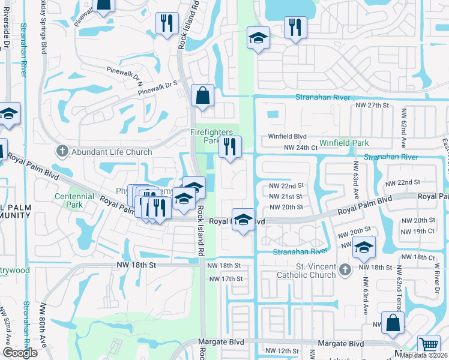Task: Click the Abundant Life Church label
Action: [112, 152]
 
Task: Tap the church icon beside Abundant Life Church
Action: [61, 151]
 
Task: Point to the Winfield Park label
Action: [344, 143]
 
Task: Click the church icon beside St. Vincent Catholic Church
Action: [345, 271]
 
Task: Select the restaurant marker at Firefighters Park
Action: [230, 147]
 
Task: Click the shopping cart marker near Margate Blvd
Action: [428, 345]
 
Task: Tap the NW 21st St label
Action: [286, 196]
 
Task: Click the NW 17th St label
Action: [226, 279]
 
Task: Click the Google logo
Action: [20, 353]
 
